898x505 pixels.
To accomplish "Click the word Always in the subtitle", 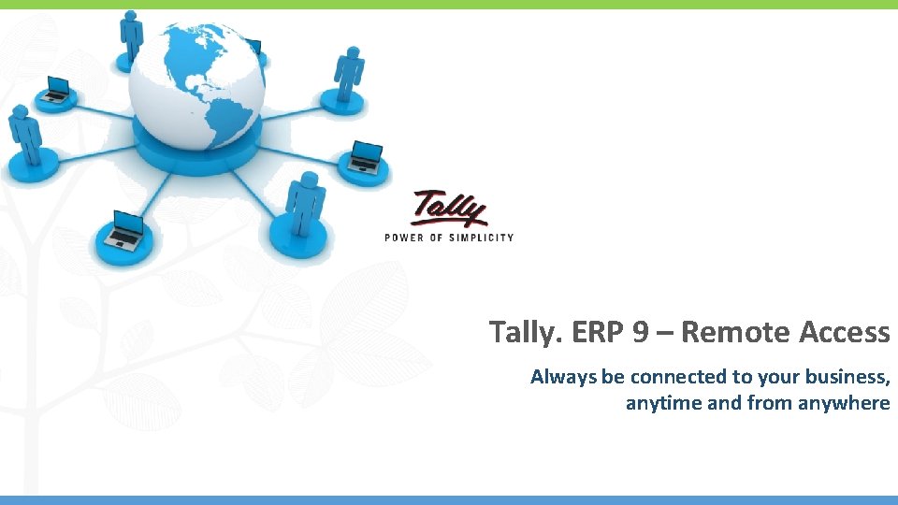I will [563, 377].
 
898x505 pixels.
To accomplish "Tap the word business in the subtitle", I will [847, 377].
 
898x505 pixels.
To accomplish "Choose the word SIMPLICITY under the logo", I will [482, 238].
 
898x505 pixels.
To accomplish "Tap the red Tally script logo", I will [450, 208].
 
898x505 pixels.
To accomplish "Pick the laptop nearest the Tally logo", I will [366, 157].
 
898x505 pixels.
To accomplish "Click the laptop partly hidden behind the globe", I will [253, 46].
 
